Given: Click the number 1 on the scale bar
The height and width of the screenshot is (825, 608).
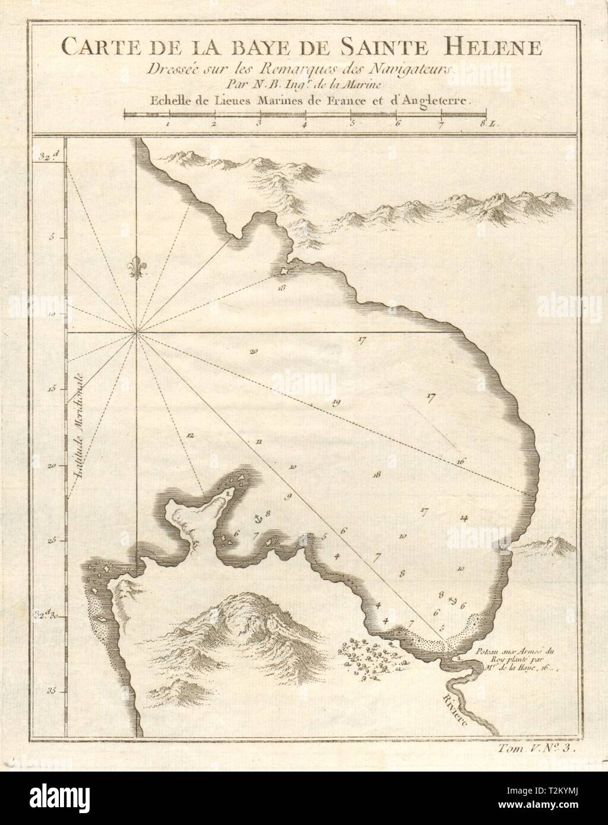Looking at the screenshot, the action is pos(169,124).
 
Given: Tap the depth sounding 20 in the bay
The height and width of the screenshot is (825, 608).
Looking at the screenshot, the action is pos(254,352).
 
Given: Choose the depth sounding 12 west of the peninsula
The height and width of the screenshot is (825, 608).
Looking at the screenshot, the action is pos(190,436).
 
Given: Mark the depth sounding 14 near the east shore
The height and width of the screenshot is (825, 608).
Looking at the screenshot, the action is pos(464,518).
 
